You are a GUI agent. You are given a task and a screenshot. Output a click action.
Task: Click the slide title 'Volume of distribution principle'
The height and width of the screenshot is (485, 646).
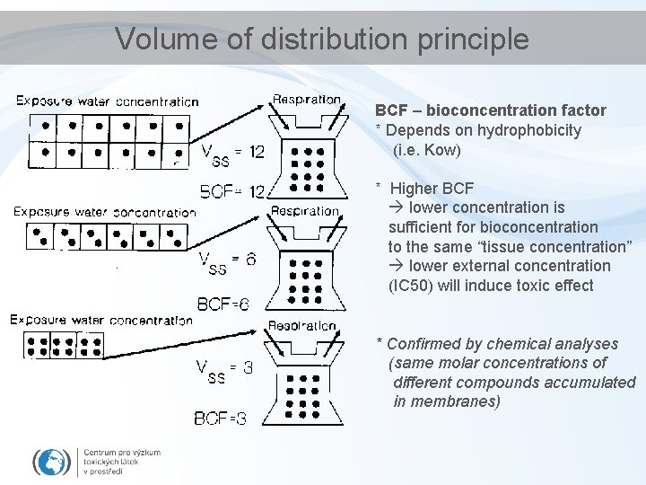[x=322, y=39]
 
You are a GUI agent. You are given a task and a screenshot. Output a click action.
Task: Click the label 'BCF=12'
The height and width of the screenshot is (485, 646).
[x=231, y=190]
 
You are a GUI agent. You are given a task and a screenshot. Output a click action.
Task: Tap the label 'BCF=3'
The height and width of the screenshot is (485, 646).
[x=220, y=418]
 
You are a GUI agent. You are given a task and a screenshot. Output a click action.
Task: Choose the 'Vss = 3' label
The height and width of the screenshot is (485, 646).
[x=223, y=369]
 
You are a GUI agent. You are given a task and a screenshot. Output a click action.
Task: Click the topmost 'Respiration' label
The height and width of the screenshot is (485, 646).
[x=306, y=99]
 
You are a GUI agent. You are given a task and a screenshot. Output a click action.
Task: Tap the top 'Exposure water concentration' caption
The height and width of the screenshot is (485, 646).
[x=107, y=101]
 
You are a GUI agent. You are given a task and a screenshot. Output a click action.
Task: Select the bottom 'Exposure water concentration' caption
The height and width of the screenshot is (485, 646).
[x=101, y=320]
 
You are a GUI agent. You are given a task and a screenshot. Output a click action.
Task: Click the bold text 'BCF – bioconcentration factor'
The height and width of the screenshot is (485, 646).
[x=490, y=110]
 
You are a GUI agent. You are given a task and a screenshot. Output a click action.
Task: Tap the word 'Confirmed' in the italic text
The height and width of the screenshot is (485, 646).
[x=423, y=343]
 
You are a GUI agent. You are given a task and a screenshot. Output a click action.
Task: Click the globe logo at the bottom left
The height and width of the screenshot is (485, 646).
[x=51, y=461]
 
